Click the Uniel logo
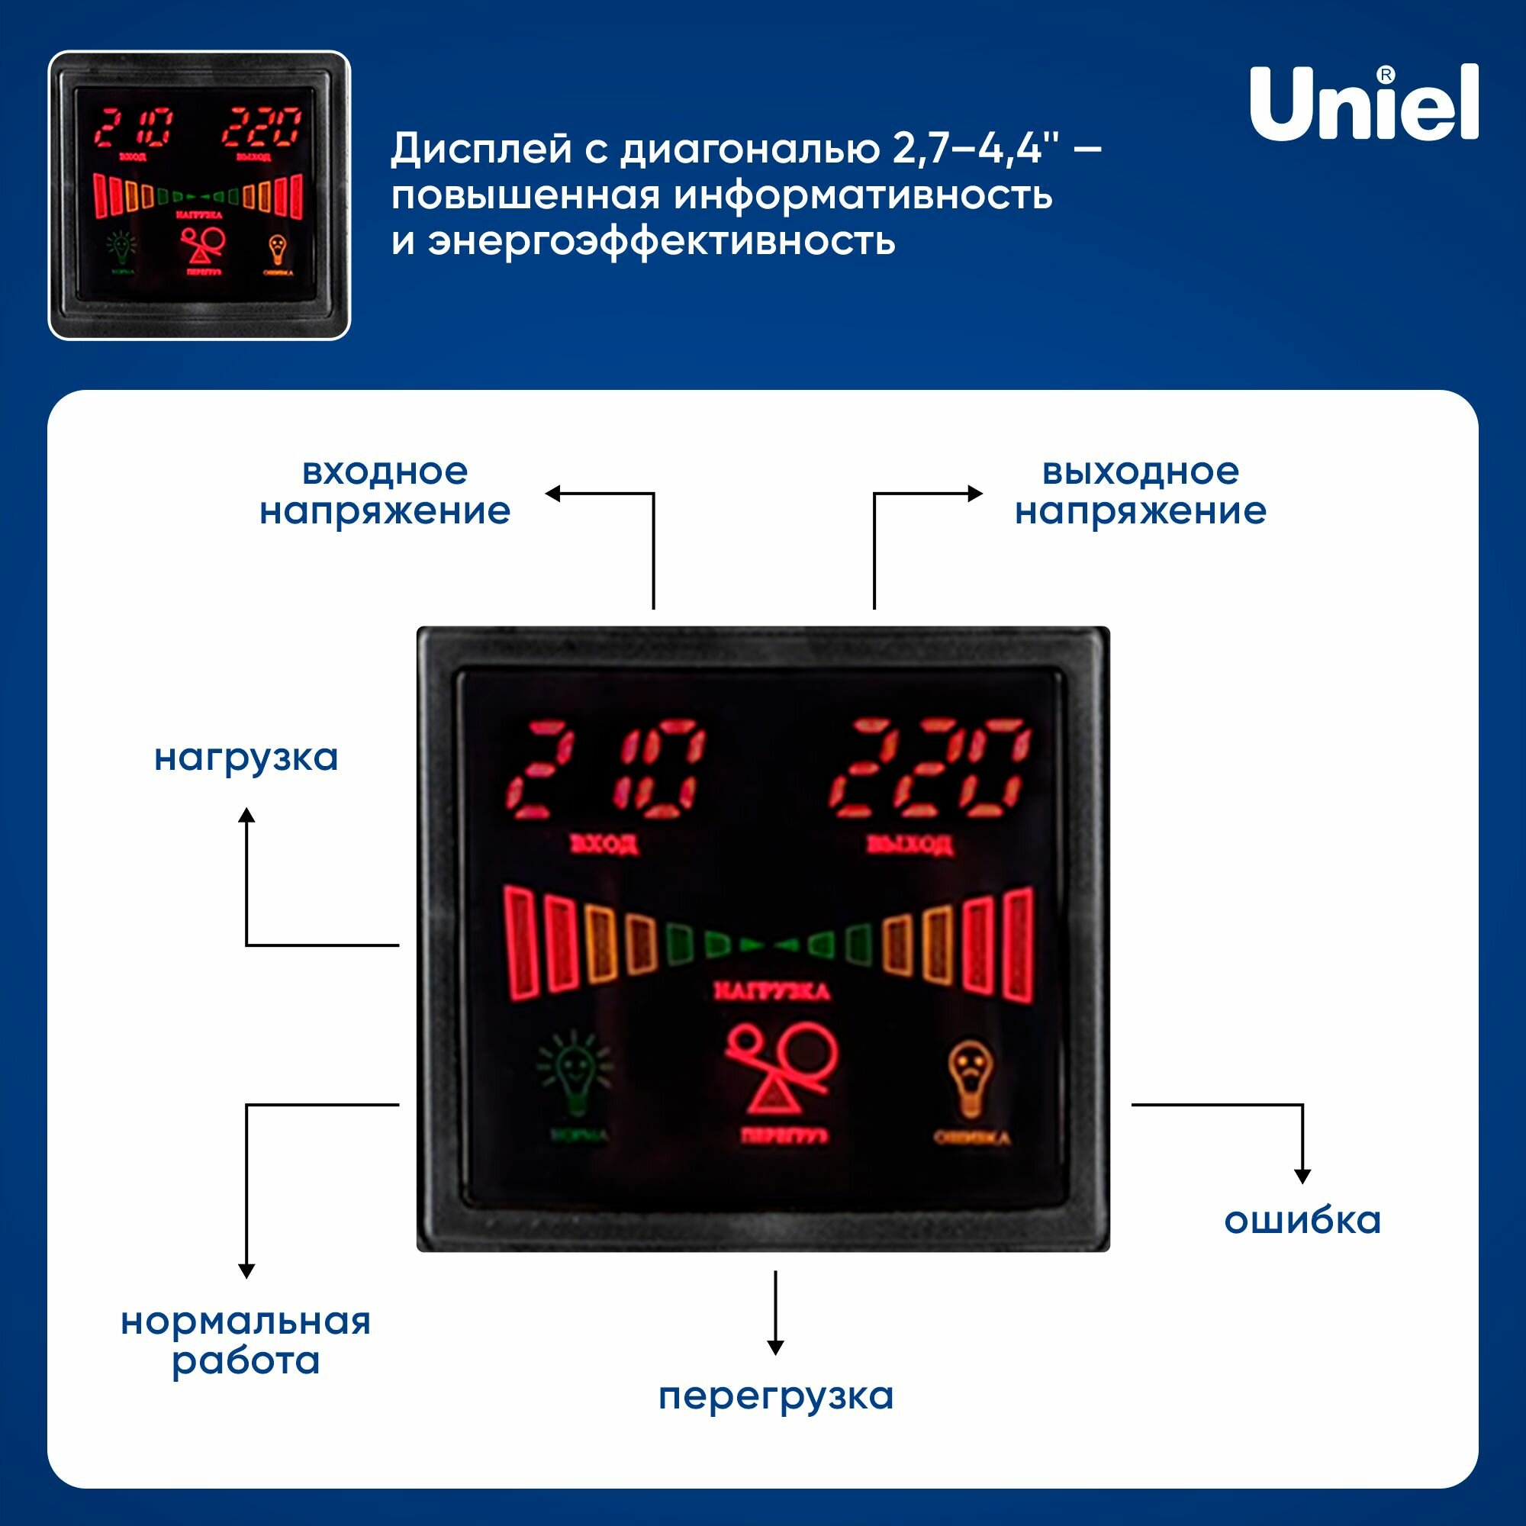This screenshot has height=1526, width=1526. (x=1363, y=104)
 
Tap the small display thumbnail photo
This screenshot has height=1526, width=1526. (x=199, y=195)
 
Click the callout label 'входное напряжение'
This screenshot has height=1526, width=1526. (x=385, y=491)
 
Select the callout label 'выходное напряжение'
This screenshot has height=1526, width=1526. (x=1140, y=491)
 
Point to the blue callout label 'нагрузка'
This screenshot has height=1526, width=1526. (x=246, y=758)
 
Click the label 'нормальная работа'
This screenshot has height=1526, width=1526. (x=246, y=1341)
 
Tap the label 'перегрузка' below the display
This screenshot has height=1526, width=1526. (x=776, y=1396)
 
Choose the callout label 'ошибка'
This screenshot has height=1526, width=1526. (x=1302, y=1220)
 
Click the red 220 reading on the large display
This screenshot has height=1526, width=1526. (x=929, y=768)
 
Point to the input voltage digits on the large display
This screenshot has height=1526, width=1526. (x=604, y=768)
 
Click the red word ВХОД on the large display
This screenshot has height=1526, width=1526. (x=604, y=845)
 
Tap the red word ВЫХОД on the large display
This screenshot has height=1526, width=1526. (x=909, y=845)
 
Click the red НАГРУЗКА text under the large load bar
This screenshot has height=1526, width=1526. (x=771, y=991)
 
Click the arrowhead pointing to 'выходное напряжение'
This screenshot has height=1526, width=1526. (x=975, y=494)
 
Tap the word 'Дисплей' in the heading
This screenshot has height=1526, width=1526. (x=480, y=149)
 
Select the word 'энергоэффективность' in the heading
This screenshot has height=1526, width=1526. (x=662, y=240)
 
